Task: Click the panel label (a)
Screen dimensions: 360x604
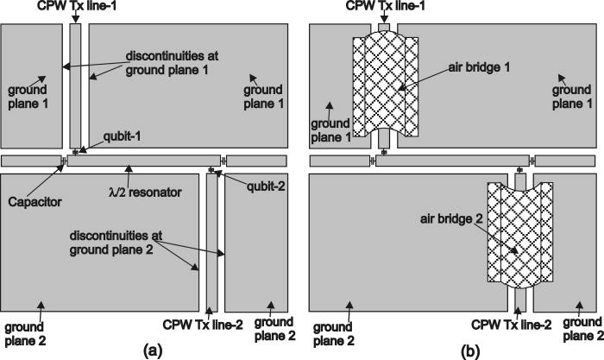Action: coord(152,350)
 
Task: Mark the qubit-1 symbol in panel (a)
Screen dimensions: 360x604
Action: coord(75,152)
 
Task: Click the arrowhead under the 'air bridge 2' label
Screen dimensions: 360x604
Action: coord(514,250)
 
